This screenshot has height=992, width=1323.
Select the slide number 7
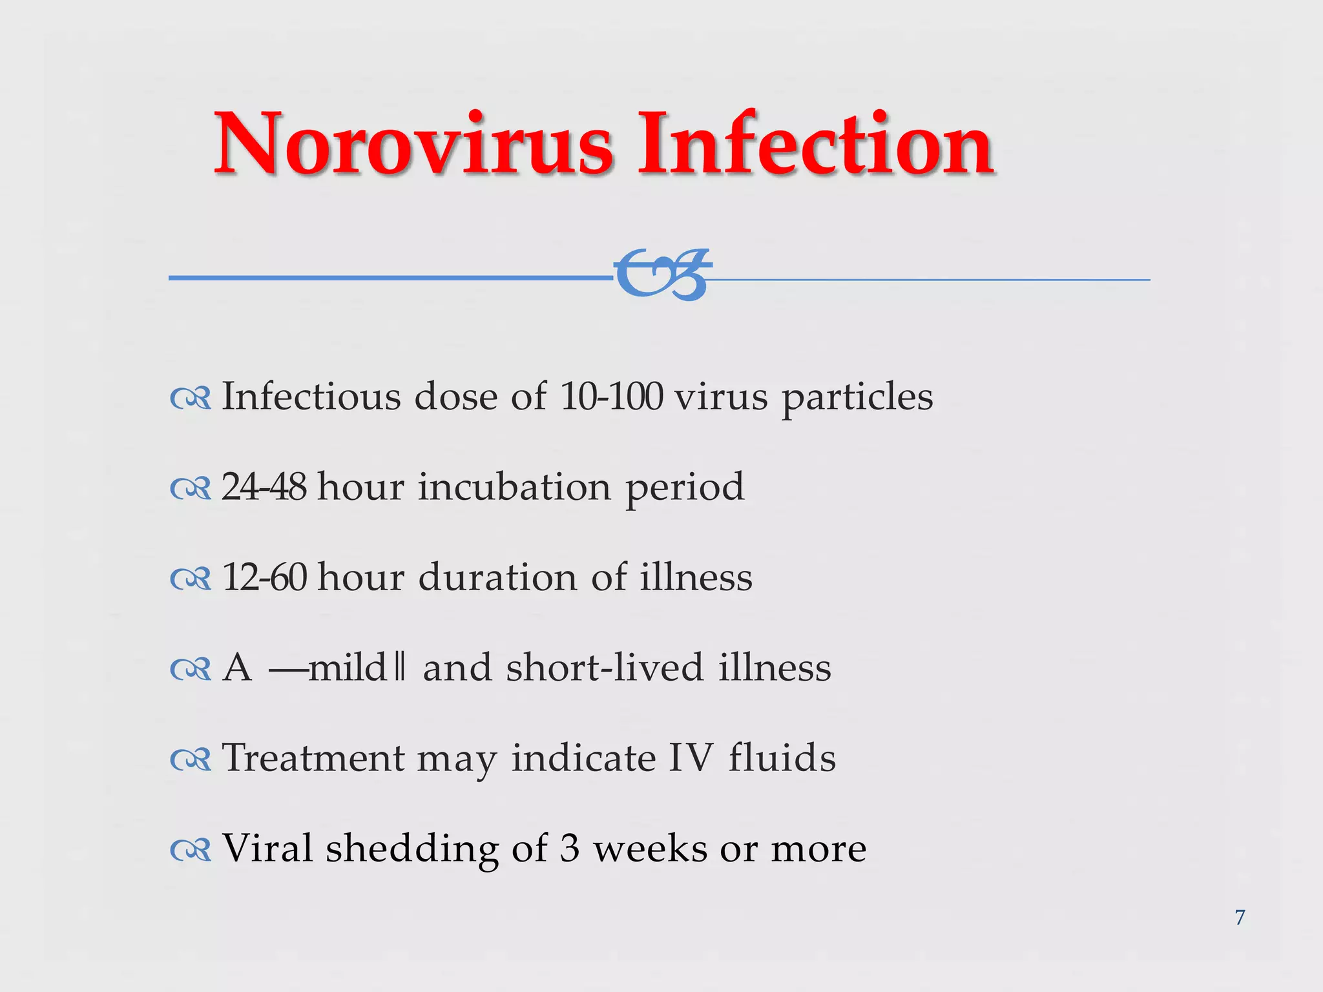1240,917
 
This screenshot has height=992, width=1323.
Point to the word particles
857,398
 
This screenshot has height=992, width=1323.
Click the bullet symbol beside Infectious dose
191,399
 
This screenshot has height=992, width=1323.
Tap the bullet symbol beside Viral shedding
191,851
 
